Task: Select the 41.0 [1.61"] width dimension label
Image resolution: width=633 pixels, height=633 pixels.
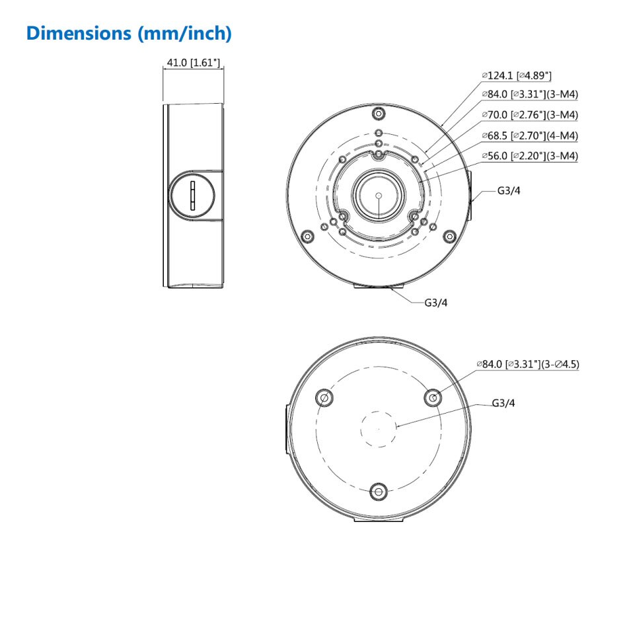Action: tap(193, 63)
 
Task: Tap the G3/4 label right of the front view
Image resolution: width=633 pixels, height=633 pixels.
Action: tap(509, 192)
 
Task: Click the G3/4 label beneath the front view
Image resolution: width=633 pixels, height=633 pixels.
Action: tap(436, 303)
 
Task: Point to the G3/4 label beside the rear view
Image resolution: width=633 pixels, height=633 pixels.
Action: tap(503, 403)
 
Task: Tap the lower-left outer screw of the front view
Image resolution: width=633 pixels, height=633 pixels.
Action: tap(306, 236)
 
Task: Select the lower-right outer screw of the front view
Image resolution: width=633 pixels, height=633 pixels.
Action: tap(449, 236)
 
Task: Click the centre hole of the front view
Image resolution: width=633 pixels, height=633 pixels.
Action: tap(377, 196)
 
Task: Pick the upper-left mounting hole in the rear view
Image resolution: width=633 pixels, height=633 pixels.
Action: tap(324, 398)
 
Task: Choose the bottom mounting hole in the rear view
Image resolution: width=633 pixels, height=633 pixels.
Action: tap(378, 491)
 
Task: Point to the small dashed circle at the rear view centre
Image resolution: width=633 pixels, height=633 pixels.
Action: tap(378, 428)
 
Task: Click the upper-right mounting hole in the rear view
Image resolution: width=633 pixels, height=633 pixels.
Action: tap(433, 398)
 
